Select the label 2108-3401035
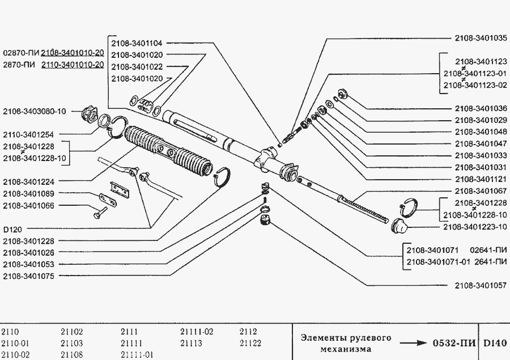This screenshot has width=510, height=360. click(x=480, y=39)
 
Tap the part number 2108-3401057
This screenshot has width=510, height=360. click(x=480, y=286)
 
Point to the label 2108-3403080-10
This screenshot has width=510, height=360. click(x=34, y=111)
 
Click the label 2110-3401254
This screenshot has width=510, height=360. click(x=28, y=135)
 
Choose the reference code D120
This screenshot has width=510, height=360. click(x=12, y=231)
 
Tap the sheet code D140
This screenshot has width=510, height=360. click(x=495, y=343)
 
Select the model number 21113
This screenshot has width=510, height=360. click(x=191, y=343)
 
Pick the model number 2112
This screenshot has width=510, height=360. click(x=248, y=332)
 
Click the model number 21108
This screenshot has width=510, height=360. click(x=71, y=354)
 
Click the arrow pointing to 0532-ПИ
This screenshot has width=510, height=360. click(x=413, y=343)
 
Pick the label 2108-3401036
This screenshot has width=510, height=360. click(x=480, y=108)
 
